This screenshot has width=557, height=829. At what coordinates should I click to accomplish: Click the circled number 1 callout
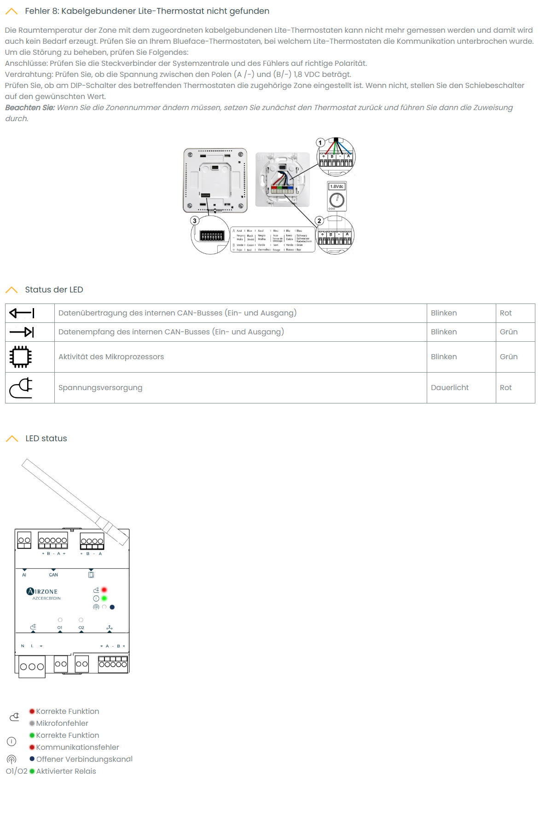coord(320,142)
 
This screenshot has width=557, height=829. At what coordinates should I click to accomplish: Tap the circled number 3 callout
coord(195,221)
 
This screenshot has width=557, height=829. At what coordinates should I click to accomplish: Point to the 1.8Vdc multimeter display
coord(337,187)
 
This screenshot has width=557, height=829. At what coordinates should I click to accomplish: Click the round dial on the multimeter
coord(337,200)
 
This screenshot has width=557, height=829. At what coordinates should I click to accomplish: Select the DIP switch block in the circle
coord(212,236)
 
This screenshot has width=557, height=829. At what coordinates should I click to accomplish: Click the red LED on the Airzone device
coord(104,590)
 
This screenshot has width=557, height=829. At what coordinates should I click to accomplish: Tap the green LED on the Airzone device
coord(104,598)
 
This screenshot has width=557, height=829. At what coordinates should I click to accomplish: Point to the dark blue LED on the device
coord(112,607)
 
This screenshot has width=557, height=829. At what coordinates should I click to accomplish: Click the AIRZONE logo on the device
coord(42,591)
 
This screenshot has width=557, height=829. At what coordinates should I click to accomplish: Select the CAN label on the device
coord(53,575)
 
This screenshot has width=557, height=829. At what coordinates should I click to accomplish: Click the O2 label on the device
coord(81,628)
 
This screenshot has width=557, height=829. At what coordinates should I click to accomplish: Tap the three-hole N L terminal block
coord(32,666)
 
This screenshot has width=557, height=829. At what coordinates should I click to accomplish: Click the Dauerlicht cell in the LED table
coord(450,388)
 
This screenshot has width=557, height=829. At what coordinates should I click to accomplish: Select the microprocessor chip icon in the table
coord(21,357)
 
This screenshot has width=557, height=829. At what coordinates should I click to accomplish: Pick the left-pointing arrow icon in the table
coord(22,313)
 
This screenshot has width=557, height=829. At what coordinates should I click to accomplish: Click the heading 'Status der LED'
coord(54,290)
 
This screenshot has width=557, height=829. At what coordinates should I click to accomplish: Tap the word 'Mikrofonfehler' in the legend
coord(62,724)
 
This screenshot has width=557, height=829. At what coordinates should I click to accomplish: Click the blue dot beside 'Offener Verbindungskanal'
coord(32,759)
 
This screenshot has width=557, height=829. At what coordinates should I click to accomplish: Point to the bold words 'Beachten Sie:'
coord(30,108)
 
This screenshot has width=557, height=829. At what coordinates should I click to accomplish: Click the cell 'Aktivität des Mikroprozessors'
coord(111,357)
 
